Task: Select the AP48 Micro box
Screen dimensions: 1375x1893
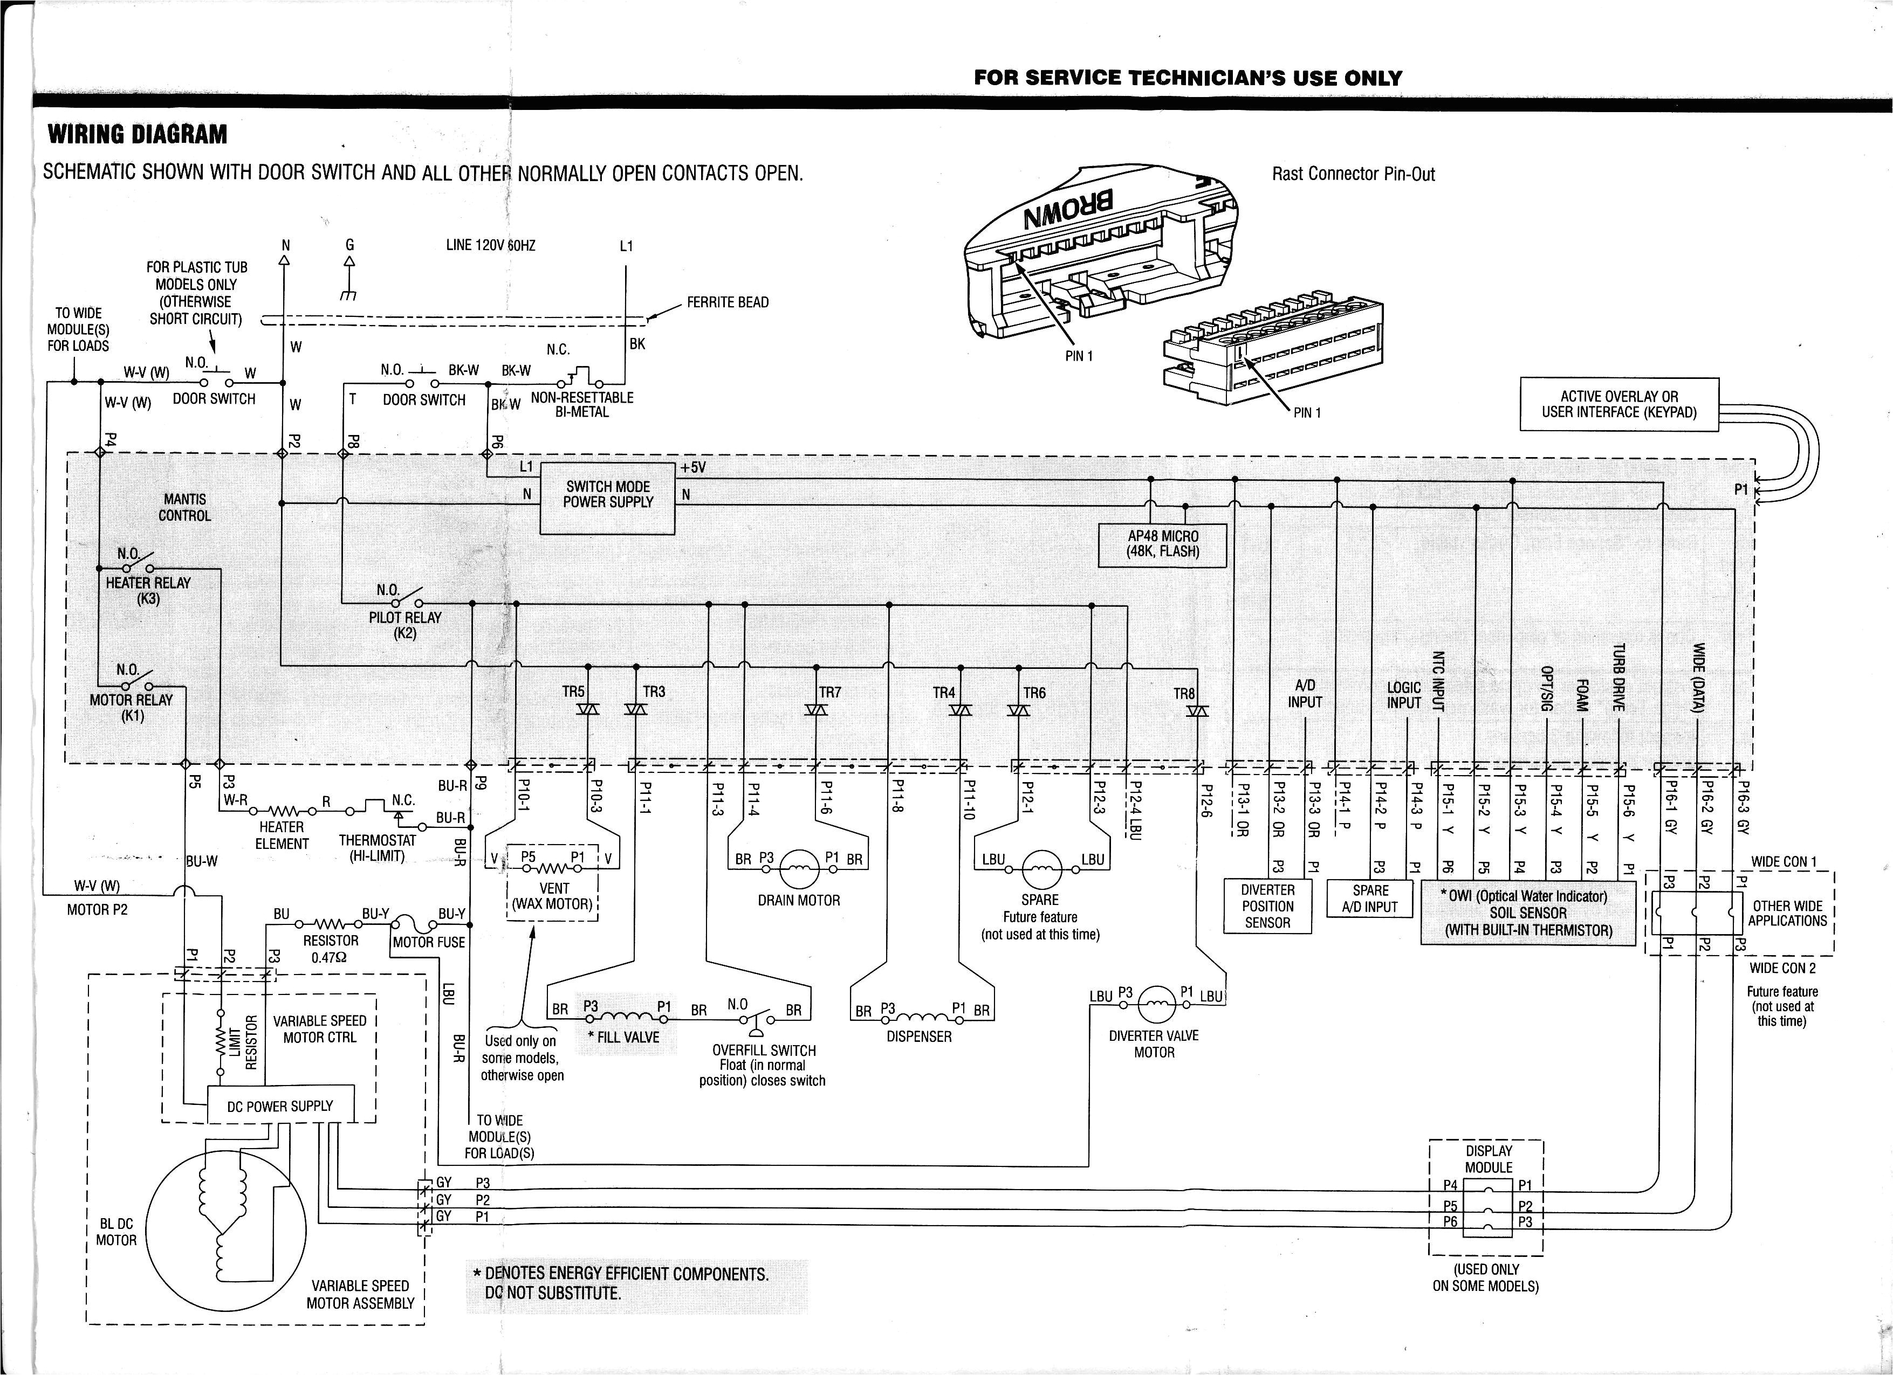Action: click(x=1162, y=544)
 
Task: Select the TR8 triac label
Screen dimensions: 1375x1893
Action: click(x=1184, y=693)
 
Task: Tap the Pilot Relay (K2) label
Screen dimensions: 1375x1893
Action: click(x=405, y=625)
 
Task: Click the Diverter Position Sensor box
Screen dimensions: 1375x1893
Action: click(x=1267, y=906)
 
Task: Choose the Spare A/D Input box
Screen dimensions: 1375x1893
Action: click(x=1370, y=899)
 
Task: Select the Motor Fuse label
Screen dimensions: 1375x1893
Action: click(x=428, y=942)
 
